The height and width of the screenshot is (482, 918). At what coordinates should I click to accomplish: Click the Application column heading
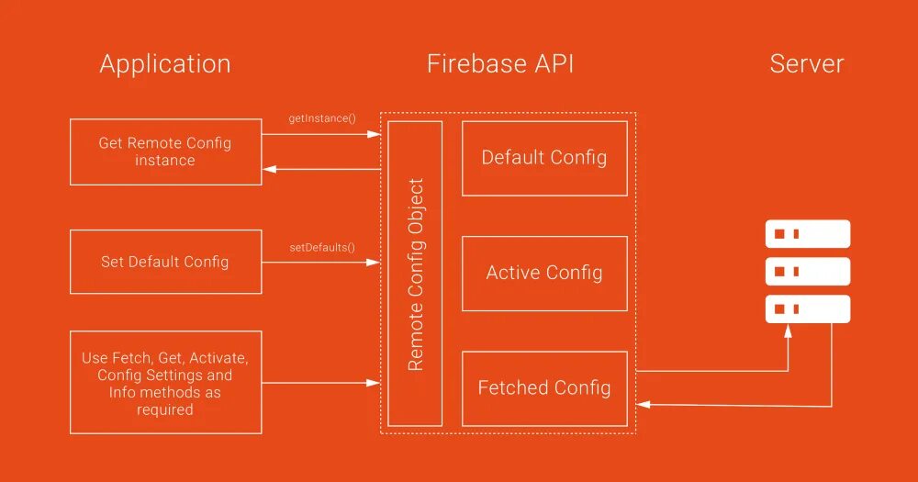(x=165, y=64)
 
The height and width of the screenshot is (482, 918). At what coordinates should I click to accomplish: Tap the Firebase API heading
(x=500, y=63)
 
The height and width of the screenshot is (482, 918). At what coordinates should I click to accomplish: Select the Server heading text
(x=807, y=63)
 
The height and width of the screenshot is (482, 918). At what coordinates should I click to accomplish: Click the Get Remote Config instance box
(x=165, y=152)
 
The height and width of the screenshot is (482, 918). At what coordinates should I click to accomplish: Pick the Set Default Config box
(x=165, y=262)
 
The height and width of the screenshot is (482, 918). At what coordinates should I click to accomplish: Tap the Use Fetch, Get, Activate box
(x=165, y=383)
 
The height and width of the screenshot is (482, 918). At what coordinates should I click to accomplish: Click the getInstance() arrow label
(x=322, y=118)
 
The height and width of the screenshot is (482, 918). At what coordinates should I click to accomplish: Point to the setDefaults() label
(x=322, y=248)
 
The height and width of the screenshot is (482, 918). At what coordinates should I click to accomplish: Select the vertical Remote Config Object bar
(x=415, y=274)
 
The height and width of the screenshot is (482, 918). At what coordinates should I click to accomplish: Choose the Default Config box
(x=544, y=158)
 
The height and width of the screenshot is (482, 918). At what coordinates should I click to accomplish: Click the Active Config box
(x=544, y=274)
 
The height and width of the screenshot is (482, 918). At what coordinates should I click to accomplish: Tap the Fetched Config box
(x=544, y=388)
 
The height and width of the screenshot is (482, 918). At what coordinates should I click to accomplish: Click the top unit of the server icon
(x=807, y=234)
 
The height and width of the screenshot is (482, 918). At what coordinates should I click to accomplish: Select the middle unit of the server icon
(x=807, y=271)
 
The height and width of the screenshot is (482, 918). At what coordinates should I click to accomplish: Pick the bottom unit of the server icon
(x=807, y=308)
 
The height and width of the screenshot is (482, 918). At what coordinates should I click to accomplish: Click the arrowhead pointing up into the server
(x=788, y=331)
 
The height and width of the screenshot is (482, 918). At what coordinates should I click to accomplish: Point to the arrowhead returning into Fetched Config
(x=643, y=404)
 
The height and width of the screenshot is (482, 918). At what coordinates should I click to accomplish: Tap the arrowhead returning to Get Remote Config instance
(x=269, y=169)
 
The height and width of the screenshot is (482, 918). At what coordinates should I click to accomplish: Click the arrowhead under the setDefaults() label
(x=373, y=263)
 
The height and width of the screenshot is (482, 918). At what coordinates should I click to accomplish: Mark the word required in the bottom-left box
(x=165, y=410)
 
